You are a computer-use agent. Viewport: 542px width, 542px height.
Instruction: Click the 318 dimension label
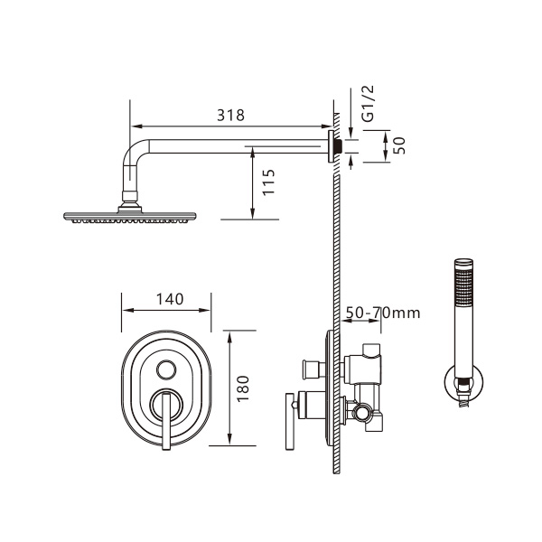pos(231,117)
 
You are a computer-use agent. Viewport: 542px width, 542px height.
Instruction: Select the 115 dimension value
pos(268,185)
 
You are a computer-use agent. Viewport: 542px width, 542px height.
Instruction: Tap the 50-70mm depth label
pos(383,313)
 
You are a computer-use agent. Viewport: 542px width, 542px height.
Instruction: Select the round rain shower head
pos(130,217)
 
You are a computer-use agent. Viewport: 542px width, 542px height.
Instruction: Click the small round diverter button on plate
pos(166,368)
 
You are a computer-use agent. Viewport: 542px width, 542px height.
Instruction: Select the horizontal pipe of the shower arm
pos(235,145)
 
